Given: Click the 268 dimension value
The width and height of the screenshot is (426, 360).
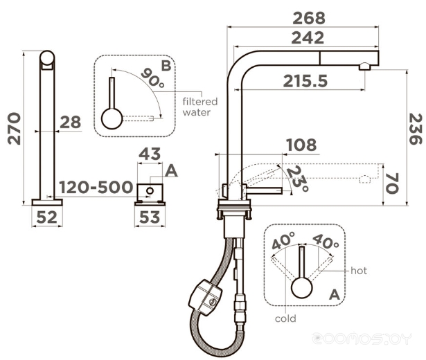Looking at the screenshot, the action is coord(309,18).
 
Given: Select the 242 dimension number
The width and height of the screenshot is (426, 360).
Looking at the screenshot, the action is coord(308,38).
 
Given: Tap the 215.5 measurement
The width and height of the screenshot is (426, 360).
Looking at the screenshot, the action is coord(305,81).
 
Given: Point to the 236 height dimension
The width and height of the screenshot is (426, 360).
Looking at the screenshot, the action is coord(416,129).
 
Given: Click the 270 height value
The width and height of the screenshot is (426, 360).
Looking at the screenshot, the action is coord(14,128).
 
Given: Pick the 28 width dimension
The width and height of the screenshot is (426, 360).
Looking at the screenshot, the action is coord(71,122).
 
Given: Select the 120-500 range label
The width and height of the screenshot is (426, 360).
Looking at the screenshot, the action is coord(96,188).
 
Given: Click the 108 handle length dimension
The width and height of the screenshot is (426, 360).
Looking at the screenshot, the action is coord(301,145).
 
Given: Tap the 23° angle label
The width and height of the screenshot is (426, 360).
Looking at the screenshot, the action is coord(298,179).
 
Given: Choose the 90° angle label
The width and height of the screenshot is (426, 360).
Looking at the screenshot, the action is coord(153,78).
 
